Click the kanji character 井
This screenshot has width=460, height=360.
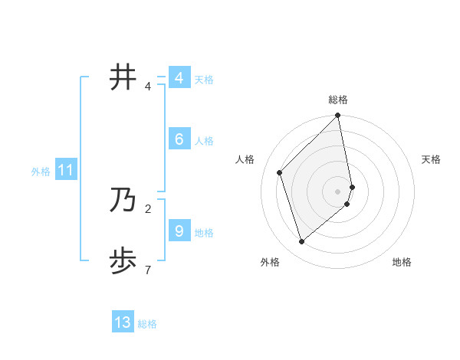pos(123,77)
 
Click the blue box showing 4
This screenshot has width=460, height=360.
pos(179,78)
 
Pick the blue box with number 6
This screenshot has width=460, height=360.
pos(179,139)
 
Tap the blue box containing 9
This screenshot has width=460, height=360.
pos(179,231)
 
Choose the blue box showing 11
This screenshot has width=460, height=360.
pos(65,170)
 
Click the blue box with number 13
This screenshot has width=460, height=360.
pos(123,322)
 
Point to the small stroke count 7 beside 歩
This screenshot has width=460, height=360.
pos(148,270)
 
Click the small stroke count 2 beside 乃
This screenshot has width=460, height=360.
pos(148,208)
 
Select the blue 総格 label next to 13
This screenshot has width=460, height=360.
pos(147,324)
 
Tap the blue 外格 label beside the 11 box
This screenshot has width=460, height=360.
pos(41,172)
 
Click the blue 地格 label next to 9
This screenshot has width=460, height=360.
pos(204,233)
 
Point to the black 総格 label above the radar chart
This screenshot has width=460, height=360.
pos(338,100)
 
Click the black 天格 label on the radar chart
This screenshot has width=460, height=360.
pos(431,159)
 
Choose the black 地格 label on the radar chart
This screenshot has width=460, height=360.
pos(402,262)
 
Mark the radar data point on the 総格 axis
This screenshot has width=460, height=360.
pos(338,116)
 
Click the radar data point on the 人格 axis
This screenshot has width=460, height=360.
pos(280,172)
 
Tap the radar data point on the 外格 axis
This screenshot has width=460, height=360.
pos(302,242)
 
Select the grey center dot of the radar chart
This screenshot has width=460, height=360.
pos(338,191)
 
